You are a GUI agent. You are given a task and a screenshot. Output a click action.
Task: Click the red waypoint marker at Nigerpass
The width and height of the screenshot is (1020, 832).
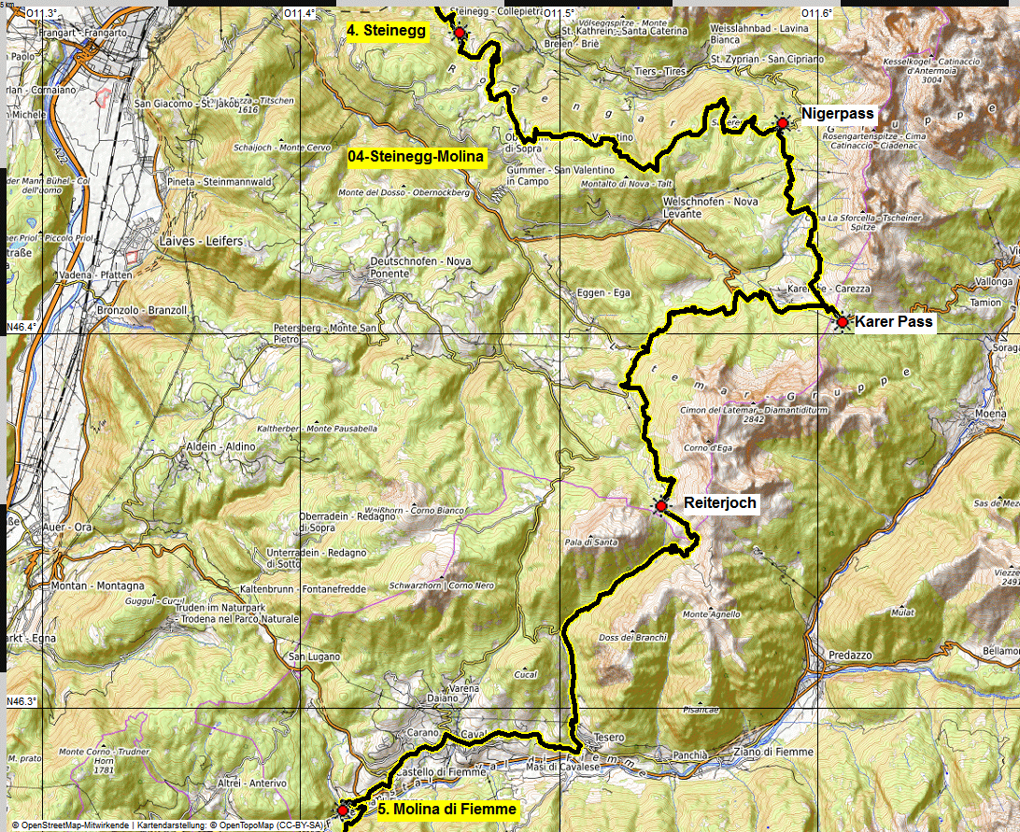pos(782,122)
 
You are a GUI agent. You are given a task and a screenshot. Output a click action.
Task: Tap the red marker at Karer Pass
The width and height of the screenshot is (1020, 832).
pos(842,322)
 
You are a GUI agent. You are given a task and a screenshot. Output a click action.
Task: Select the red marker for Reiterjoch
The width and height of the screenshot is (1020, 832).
pos(660,506)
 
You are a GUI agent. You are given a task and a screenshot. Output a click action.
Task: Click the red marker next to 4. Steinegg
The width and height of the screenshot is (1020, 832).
pos(460,33)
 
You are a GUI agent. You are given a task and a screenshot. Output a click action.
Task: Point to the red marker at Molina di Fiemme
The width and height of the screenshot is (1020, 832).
pos(343,809)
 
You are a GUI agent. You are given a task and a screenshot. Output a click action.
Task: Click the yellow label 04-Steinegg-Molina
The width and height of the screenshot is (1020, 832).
pos(416,158)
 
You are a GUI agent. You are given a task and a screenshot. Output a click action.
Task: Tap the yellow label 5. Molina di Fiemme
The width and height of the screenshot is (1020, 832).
pos(447,810)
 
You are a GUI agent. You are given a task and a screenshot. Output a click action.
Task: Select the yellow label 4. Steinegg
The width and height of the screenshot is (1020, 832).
pos(386,31)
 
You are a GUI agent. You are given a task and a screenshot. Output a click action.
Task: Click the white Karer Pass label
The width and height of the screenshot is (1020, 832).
pos(893,322)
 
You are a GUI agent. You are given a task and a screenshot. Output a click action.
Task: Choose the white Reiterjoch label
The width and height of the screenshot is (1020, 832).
pos(719,502)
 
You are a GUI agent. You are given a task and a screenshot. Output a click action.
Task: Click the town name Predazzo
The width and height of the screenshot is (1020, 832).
pos(845,656)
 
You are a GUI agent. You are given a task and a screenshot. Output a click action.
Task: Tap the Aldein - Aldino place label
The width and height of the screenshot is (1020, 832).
pos(221,447)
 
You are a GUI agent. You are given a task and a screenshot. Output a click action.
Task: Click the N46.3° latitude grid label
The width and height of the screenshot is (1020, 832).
pos(21,701)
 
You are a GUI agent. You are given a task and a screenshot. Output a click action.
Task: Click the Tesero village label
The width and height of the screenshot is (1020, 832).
pos(608,738)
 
